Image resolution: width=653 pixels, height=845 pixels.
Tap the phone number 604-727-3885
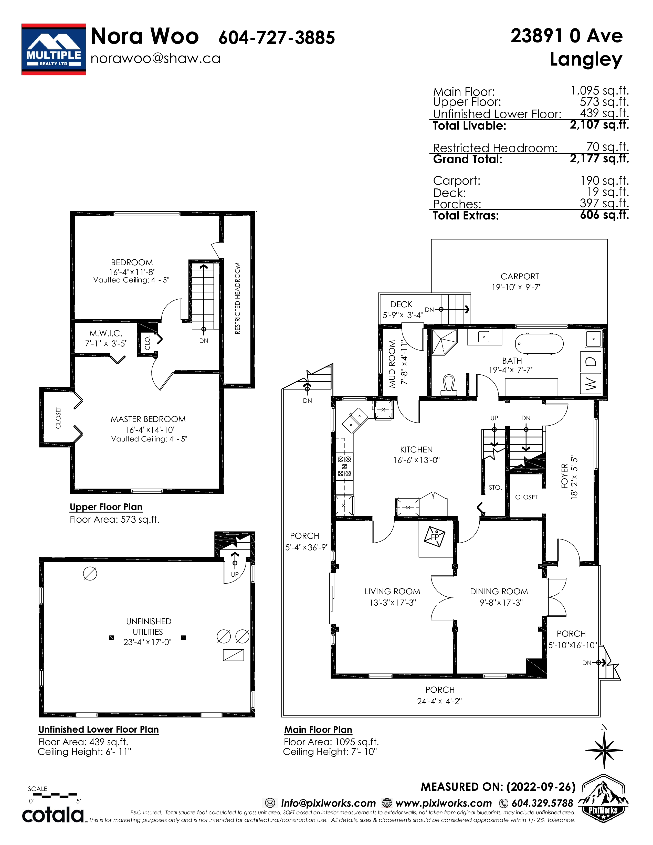277,38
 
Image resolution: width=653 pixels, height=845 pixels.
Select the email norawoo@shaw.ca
155,58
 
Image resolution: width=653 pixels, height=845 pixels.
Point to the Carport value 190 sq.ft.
604,181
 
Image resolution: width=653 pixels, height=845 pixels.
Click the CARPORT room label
520,276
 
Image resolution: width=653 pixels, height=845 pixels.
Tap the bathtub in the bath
539,343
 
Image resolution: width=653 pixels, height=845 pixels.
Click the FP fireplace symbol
435,537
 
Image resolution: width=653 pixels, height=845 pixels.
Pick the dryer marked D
591,362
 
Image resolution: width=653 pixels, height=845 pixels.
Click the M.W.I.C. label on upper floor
106,333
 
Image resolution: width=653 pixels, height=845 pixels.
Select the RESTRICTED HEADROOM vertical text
238,298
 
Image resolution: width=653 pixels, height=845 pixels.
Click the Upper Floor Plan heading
106,507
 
